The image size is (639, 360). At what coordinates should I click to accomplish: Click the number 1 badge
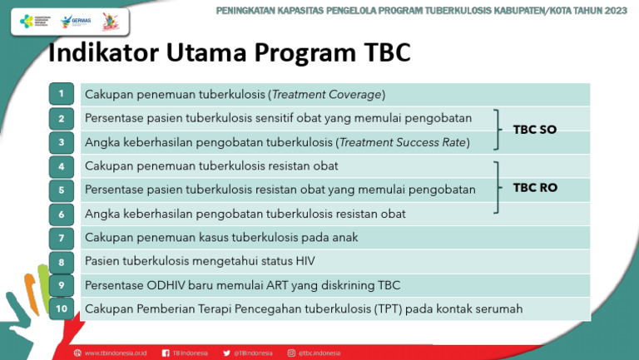61,94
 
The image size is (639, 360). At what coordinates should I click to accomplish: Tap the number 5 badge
61,190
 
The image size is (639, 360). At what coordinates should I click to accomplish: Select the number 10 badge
61,309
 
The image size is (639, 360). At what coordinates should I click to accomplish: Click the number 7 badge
61,238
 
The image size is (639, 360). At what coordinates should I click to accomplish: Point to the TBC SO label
535,130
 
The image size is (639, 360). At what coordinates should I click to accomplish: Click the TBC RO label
535,188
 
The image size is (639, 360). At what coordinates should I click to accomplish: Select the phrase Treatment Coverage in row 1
326,94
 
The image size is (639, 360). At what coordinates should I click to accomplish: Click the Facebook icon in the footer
166,353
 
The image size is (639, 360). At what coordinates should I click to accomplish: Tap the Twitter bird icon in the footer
227,353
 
